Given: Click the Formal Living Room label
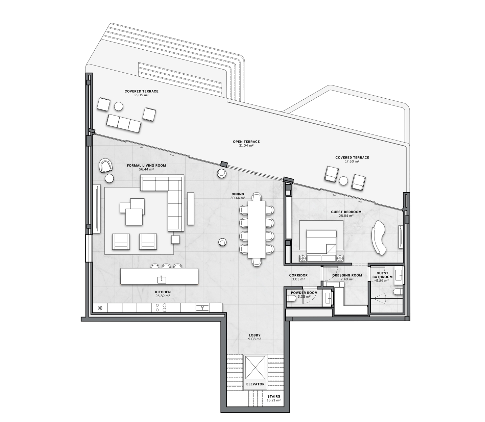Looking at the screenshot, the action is coord(146,166).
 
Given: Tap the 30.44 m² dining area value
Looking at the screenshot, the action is coord(238,198).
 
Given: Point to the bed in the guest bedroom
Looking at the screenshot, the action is coord(321,245).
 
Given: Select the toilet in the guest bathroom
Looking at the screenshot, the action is coord(398,292).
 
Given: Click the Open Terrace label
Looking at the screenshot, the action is coord(246,142).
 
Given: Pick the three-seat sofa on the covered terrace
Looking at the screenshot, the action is coord(124,123).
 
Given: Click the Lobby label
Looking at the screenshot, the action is coord(254,335).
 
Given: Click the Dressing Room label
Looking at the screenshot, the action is coord(347,275).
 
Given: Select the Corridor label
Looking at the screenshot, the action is coord(298,275).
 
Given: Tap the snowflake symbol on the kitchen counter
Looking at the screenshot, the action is coord(100,308).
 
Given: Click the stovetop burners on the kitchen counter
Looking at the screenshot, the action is coord(161,308).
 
